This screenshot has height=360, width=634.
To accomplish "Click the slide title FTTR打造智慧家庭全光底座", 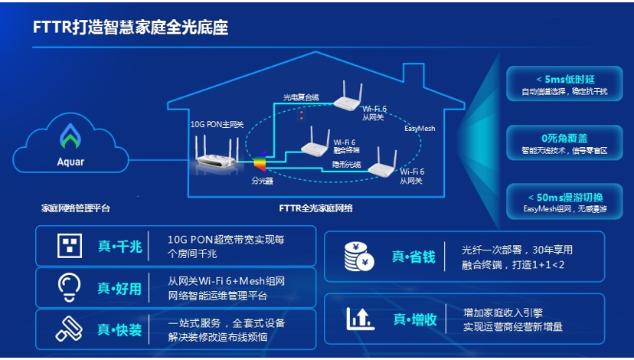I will [x=131, y=28].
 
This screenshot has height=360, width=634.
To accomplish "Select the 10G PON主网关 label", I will [x=217, y=124].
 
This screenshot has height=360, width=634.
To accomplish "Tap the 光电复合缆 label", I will [x=301, y=97].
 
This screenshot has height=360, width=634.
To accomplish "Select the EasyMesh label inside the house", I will [x=419, y=129].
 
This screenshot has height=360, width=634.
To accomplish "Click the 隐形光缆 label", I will [x=347, y=164].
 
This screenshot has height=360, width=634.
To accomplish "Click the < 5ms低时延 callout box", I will [x=554, y=83].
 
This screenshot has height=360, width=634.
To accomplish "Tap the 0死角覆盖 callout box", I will [x=554, y=143].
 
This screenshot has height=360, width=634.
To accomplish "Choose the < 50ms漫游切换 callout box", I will [x=554, y=203].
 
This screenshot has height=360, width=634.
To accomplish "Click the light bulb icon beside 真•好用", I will [x=68, y=286].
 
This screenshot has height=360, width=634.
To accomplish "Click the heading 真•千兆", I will [x=119, y=246].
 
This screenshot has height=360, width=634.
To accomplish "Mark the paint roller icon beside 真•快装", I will [x=68, y=329].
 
